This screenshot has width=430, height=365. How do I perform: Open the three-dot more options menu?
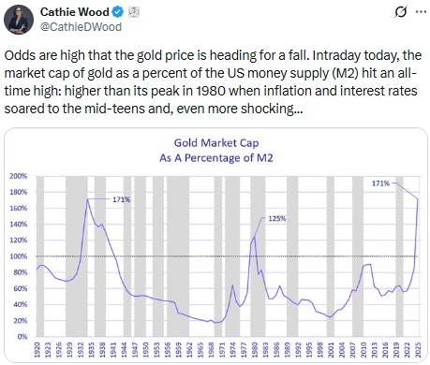click(x=414, y=13)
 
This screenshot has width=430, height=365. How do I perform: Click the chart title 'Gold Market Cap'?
click(x=215, y=144)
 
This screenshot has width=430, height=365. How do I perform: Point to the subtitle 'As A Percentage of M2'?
click(x=215, y=158)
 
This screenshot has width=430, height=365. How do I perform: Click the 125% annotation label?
click(x=276, y=218)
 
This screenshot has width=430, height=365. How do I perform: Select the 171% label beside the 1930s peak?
click(x=122, y=199)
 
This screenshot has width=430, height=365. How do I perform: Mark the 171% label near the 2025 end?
click(x=380, y=183)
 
